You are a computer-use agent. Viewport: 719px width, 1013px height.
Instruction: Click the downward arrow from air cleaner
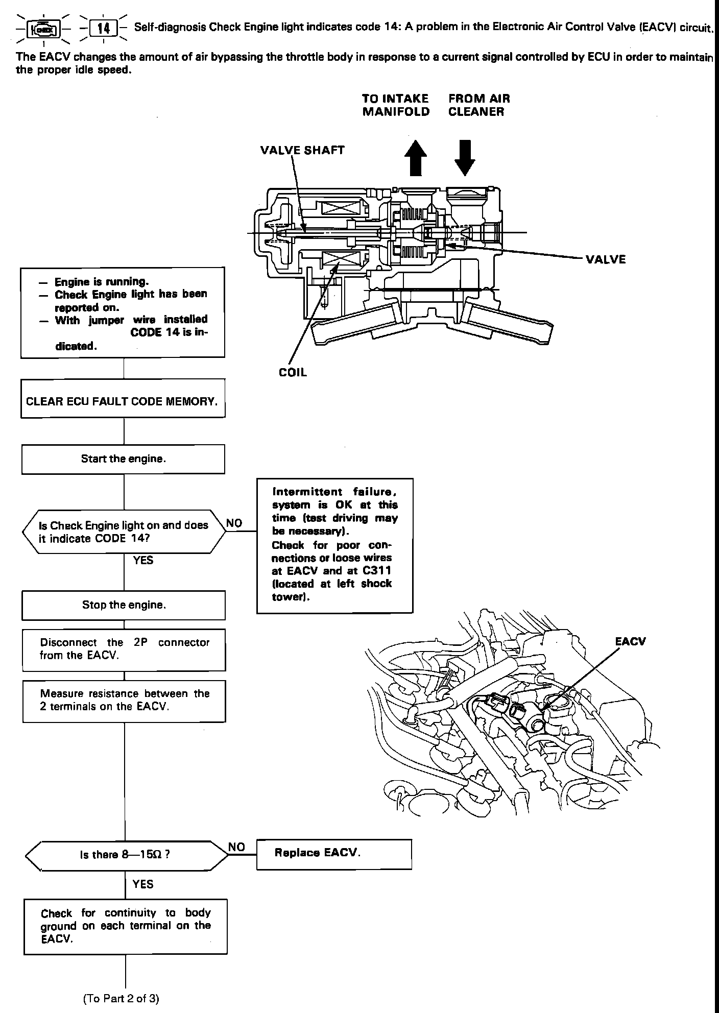click(x=465, y=158)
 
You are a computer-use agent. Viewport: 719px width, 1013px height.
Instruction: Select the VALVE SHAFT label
click(x=302, y=150)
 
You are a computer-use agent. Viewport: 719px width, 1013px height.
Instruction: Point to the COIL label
click(x=293, y=372)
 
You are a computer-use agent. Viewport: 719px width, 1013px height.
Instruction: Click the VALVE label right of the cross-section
click(x=606, y=259)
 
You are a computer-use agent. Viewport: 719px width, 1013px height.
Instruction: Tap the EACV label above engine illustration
click(x=631, y=641)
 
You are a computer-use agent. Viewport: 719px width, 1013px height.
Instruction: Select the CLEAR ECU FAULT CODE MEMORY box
click(x=123, y=401)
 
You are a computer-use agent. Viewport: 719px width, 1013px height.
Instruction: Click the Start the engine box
click(x=123, y=459)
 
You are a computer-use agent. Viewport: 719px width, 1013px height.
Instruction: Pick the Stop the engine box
click(x=124, y=605)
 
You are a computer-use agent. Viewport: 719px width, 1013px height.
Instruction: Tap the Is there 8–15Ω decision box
click(x=125, y=855)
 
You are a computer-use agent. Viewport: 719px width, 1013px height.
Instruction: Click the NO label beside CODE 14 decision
click(x=234, y=523)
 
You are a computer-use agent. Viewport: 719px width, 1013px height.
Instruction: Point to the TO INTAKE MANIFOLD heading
click(x=396, y=105)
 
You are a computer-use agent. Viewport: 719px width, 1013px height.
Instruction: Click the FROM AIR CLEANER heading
click(x=479, y=105)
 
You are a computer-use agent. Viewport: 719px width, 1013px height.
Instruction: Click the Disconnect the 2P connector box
click(x=124, y=648)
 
